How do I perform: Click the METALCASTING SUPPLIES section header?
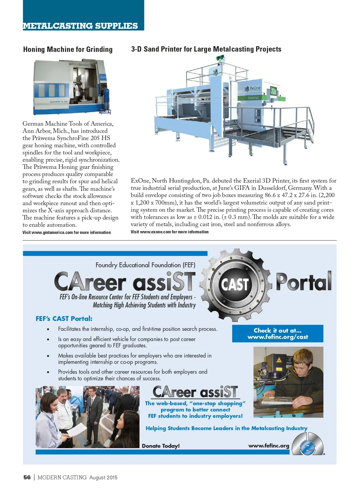[x=80, y=26]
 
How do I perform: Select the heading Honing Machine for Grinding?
[x=68, y=49]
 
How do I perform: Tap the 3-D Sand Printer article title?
[x=206, y=49]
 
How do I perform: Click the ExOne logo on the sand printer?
[x=253, y=89]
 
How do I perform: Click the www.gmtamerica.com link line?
[x=67, y=232]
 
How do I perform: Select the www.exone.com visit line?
[x=169, y=232]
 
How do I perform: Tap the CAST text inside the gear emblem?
[x=235, y=284]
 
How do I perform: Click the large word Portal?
[x=304, y=282]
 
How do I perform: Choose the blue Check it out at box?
[x=277, y=334]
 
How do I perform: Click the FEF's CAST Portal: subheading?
[x=64, y=319]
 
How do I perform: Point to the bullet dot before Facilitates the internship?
[x=48, y=329]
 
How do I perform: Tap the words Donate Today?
[x=161, y=446]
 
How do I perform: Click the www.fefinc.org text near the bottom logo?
[x=268, y=446]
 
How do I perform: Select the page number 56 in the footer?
[x=27, y=477]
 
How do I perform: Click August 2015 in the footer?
[x=103, y=478]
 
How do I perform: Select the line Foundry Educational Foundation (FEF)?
[x=145, y=265]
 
